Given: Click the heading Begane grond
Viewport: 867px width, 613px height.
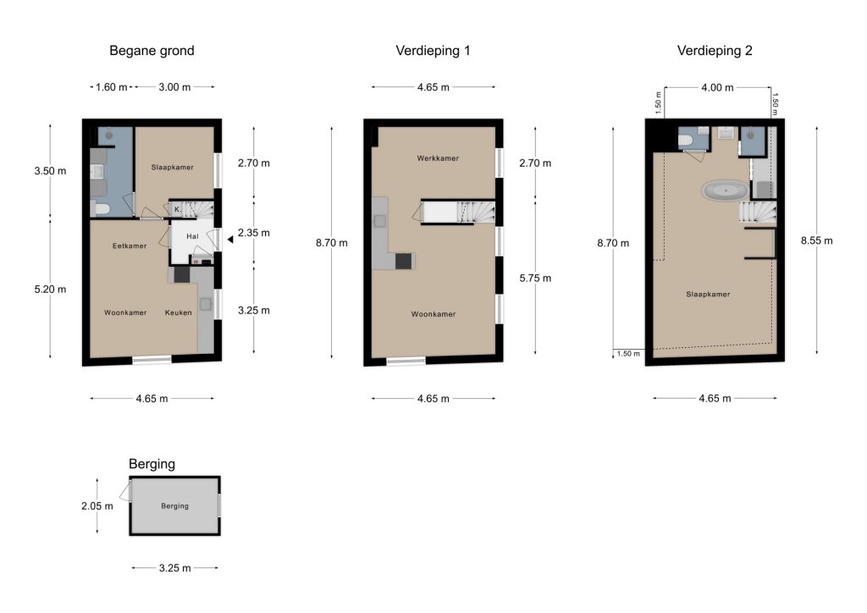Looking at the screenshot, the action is point(152,51).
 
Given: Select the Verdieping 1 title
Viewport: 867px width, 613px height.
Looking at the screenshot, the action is point(433,51).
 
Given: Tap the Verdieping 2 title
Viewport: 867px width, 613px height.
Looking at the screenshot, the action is point(715,51).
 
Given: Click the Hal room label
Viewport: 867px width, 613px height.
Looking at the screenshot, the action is point(192,236).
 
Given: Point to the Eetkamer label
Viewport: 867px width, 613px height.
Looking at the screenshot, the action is point(130,246).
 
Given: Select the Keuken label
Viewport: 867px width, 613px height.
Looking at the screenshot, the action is point(178,313).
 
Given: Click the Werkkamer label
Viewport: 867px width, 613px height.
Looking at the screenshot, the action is point(438,158).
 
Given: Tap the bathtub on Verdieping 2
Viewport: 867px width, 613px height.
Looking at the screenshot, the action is point(726,191).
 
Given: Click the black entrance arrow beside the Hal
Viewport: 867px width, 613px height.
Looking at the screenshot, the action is point(230,240).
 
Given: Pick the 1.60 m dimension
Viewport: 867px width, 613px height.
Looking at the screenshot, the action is point(111,87).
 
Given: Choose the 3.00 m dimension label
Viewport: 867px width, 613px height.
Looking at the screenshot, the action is point(174,87).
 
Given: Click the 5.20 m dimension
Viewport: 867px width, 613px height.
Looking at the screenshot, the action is point(50,290).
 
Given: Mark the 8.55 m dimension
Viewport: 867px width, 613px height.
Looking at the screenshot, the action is point(817,241).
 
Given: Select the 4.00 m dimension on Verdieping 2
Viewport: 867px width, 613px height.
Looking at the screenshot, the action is point(717,88).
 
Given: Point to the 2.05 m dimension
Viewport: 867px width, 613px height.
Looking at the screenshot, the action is point(97,506).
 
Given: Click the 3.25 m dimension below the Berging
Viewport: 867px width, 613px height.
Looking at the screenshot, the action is point(174,568).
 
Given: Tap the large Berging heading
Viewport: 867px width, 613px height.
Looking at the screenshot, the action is point(152,464).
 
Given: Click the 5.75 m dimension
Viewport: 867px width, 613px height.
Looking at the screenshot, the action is point(535,279).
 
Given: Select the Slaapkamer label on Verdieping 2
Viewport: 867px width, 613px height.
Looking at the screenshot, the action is point(708,295).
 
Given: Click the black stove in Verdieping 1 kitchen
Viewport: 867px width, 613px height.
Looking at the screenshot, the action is point(404,261).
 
